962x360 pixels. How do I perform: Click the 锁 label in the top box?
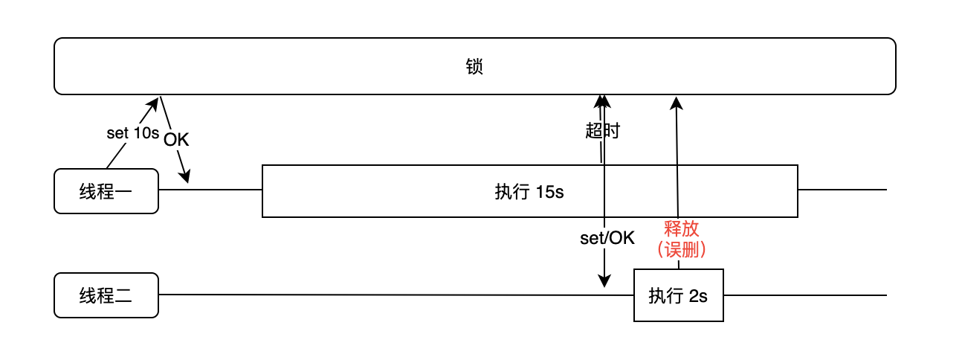pos(475,67)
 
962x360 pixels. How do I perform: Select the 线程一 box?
pos(106,191)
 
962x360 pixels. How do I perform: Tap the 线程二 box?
pos(106,295)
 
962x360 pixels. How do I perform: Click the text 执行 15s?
pos(529,192)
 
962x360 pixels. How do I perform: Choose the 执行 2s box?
pos(678,295)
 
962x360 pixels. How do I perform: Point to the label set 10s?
pos(133,134)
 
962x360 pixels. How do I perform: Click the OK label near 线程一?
pos(176,140)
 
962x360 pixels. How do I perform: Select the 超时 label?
pos(602,132)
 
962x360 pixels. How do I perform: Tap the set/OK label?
pos(607,238)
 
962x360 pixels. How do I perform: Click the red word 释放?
pos(682,228)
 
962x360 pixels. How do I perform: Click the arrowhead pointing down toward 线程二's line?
pos(604,282)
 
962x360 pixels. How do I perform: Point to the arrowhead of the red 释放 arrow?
pos(677,102)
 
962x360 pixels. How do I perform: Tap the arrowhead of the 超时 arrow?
pos(601,100)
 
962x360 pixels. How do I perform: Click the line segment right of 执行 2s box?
pos(804,295)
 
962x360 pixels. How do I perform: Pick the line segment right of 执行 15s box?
pos(842,190)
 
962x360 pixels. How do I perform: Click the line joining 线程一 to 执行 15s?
pos(210,190)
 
